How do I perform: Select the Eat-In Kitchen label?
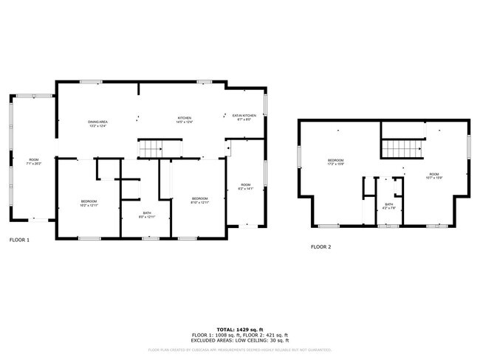(x=244, y=117)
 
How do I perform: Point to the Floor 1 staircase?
(x=151, y=148)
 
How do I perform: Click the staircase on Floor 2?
(x=403, y=148)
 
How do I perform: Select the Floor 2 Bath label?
(x=389, y=207)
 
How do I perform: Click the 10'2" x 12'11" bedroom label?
(x=89, y=204)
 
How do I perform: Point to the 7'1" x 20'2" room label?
(x=34, y=162)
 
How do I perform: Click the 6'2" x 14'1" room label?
(x=245, y=187)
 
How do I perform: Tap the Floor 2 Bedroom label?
(x=336, y=162)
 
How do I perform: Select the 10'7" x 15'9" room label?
(x=433, y=176)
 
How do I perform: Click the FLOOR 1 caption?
(x=20, y=240)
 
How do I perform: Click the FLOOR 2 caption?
(x=320, y=247)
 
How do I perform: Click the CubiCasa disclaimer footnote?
(x=239, y=350)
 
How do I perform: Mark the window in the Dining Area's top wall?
(x=91, y=81)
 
